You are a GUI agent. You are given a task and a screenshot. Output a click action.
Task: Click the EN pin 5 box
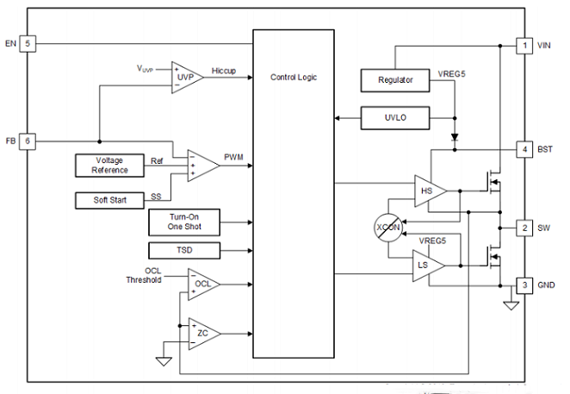pyautogui.click(x=28, y=44)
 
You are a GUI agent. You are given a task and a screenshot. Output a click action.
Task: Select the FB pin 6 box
pyautogui.click(x=28, y=141)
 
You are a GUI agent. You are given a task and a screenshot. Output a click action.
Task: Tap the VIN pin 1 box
pyautogui.click(x=524, y=46)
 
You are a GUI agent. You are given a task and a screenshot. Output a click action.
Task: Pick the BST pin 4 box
pyautogui.click(x=524, y=149)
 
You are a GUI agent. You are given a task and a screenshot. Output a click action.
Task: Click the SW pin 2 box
pyautogui.click(x=524, y=228)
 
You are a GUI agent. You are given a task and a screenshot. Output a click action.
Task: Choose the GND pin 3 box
pyautogui.click(x=524, y=285)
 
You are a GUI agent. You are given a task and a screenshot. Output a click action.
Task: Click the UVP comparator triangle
pyautogui.click(x=185, y=78)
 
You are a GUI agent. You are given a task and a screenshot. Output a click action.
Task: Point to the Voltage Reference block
pyautogui.click(x=109, y=166)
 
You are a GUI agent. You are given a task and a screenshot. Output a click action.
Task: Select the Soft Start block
pyautogui.click(x=109, y=200)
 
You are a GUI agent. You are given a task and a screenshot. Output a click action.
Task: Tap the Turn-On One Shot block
pyautogui.click(x=184, y=222)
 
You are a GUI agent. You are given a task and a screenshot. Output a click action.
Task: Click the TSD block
pyautogui.click(x=184, y=251)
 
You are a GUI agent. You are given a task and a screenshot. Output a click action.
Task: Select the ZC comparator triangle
pyautogui.click(x=202, y=334)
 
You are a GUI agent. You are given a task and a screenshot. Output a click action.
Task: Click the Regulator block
pyautogui.click(x=395, y=80)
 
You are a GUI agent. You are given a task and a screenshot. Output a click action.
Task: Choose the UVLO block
pyautogui.click(x=395, y=118)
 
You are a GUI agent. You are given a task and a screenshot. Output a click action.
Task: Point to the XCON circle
pyautogui.click(x=388, y=228)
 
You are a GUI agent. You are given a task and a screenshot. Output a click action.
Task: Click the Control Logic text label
pyautogui.click(x=294, y=78)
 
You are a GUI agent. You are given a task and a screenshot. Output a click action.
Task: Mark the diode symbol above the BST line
pyautogui.click(x=455, y=137)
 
